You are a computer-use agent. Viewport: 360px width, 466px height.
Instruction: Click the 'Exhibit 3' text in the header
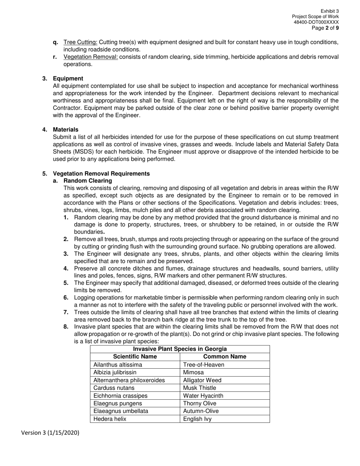point(330,11)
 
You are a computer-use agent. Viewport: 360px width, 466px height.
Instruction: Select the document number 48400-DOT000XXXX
point(316,22)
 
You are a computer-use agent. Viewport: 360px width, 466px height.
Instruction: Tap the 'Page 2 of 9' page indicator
point(325,28)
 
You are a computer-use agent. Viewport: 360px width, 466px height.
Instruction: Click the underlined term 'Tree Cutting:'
point(80,42)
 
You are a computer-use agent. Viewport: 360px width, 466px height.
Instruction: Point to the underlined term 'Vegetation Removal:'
point(91,57)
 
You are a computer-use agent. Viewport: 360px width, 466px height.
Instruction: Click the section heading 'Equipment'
point(68,78)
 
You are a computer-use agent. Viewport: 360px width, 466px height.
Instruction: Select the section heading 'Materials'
point(66,130)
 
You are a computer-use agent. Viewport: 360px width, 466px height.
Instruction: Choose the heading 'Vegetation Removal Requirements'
point(101,174)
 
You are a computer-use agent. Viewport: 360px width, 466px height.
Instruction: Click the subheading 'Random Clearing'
point(88,181)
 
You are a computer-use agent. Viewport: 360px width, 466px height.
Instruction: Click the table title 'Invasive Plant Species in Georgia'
point(180,349)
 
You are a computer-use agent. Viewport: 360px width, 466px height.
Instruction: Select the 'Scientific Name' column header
point(135,357)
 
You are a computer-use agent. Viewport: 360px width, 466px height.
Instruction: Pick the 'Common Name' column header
point(225,357)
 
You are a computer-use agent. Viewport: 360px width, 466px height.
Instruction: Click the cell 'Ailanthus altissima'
point(118,365)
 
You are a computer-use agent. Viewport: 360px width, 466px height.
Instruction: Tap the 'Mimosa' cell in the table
point(193,372)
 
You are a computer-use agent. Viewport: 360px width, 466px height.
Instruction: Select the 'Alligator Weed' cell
point(202,380)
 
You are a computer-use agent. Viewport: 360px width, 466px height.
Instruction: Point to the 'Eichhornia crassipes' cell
point(121,396)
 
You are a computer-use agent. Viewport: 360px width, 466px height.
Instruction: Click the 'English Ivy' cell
point(197,419)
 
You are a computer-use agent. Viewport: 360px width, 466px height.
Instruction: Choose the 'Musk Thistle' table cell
point(199,388)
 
